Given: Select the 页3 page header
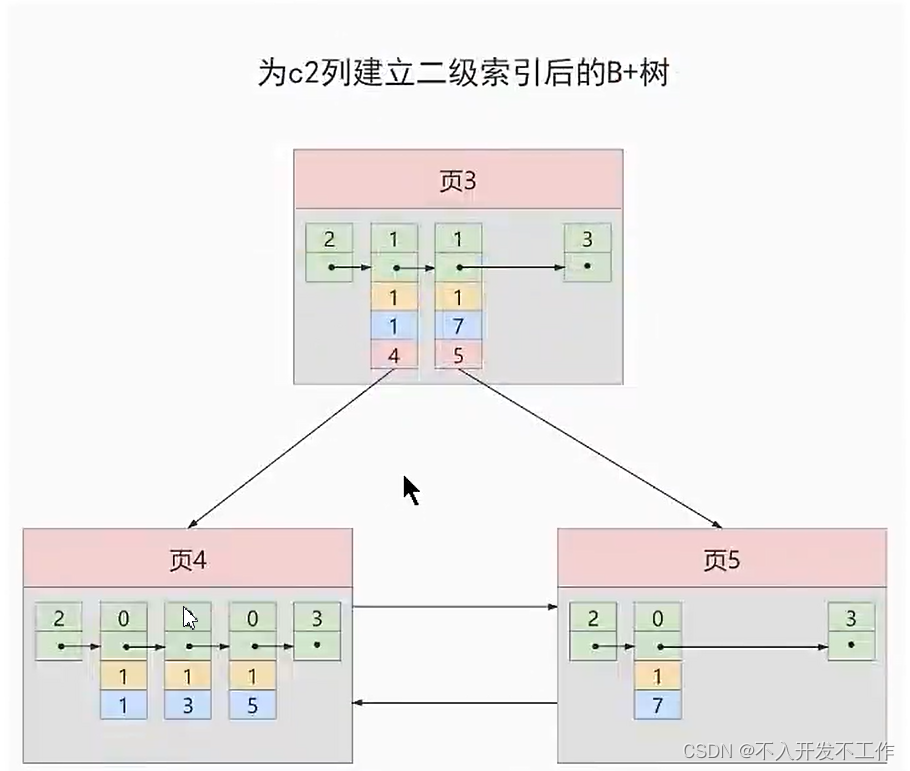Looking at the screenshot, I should tap(458, 180).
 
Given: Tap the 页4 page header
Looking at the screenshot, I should tap(188, 559).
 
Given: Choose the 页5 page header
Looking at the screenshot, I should tap(721, 559).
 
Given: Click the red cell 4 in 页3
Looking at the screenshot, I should tap(394, 354).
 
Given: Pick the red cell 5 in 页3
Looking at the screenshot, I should tap(459, 354).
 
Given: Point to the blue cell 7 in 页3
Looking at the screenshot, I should tap(459, 326).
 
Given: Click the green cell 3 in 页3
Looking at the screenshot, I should tap(586, 238).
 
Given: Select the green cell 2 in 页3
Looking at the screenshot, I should tap(330, 238).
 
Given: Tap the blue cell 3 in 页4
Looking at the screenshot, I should tap(188, 704).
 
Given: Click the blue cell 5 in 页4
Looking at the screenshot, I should tap(252, 704).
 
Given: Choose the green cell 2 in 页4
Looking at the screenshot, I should tap(60, 618).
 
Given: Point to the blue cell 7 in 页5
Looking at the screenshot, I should tap(657, 704).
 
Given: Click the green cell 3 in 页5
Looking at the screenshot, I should tap(851, 618).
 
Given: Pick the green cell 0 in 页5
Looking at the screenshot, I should tap(657, 618).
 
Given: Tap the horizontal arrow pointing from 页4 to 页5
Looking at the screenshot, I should tap(455, 606).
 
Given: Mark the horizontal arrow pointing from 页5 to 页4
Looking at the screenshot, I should tap(455, 703).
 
